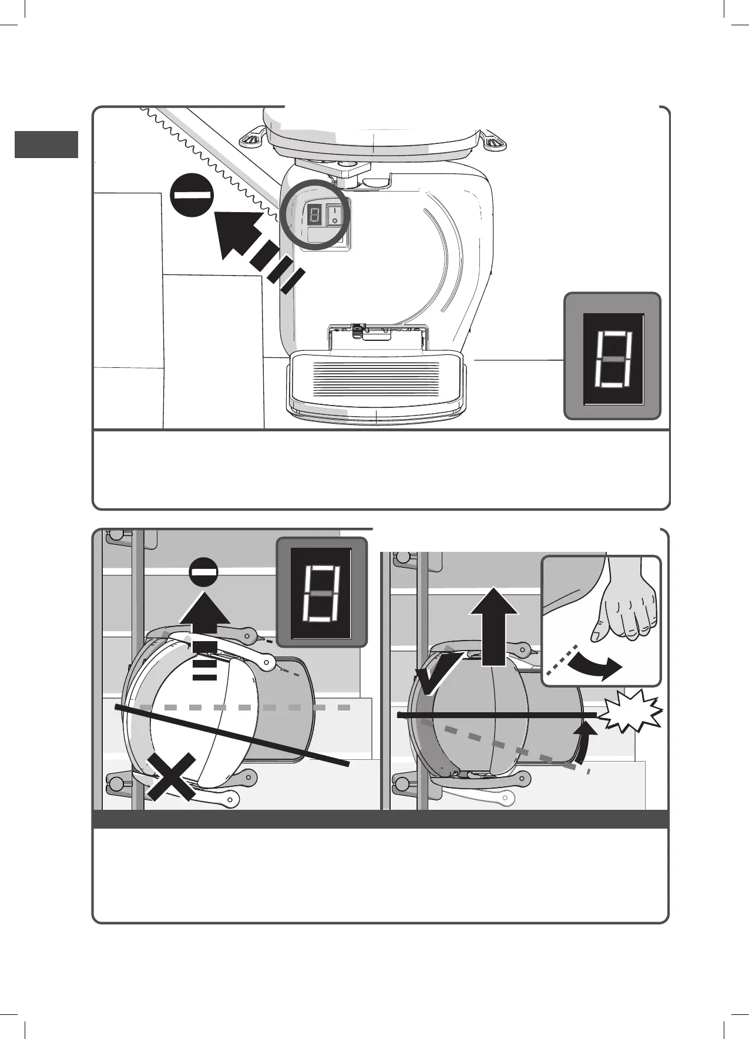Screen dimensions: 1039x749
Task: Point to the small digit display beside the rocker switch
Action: tap(314, 215)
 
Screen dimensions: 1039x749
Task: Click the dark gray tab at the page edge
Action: tap(46, 145)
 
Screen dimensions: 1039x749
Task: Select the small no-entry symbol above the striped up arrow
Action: tap(204, 572)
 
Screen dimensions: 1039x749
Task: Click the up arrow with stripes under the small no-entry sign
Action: tap(204, 635)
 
